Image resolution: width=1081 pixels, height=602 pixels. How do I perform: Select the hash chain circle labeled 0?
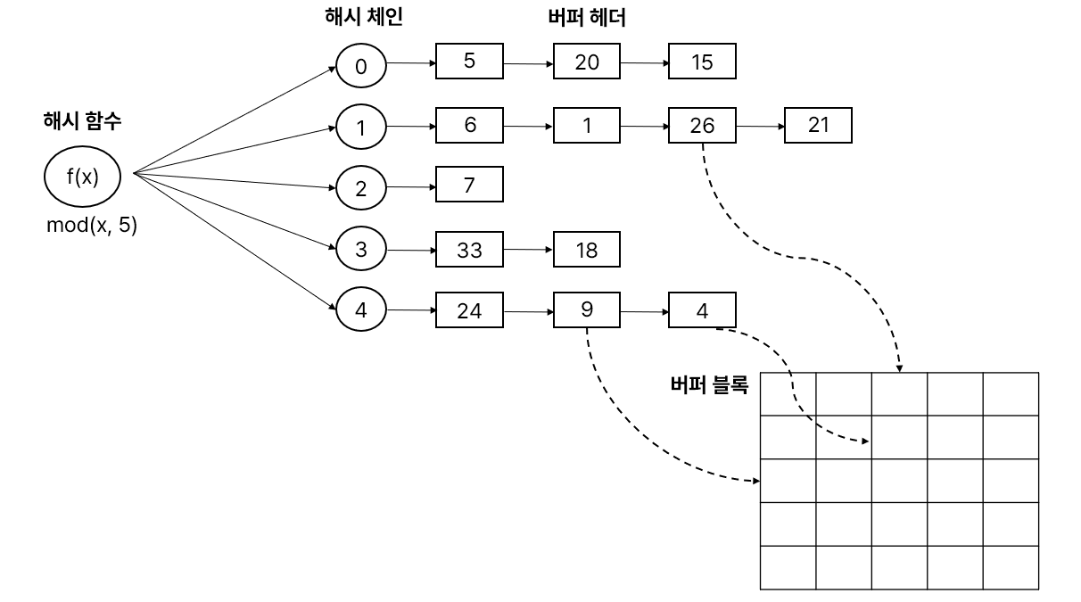361,66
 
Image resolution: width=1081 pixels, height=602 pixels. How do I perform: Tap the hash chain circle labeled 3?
361,249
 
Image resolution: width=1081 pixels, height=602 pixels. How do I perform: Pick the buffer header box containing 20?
587,62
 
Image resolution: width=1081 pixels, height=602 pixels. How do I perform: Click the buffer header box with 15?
702,62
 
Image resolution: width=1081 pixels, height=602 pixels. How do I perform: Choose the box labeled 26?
702,126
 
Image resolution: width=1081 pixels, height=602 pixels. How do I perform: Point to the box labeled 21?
818,126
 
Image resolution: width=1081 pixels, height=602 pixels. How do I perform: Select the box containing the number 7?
469,185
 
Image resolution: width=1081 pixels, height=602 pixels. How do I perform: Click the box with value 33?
469,250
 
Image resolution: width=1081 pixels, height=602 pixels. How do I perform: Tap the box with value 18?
587,250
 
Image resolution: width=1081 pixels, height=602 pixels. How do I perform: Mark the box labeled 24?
469,310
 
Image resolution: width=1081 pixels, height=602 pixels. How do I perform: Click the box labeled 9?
587,310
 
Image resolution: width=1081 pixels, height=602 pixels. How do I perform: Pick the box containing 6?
469,126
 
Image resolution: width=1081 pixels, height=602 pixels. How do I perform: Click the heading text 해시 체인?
363,18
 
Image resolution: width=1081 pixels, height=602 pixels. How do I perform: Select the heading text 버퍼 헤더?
586,18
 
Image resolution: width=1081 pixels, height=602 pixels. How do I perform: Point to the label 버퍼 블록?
709,386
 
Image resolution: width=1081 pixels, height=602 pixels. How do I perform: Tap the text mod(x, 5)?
92,226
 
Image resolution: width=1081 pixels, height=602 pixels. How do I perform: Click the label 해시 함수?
82,122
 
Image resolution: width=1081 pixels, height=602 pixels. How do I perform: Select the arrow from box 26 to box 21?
760,127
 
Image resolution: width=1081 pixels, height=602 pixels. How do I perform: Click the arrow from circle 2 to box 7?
411,186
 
